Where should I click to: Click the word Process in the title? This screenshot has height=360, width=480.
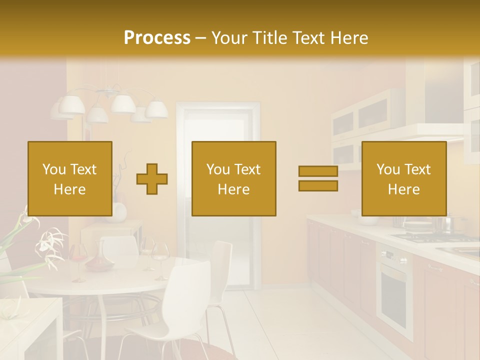coord(157,38)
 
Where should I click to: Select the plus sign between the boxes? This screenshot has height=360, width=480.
coord(152,178)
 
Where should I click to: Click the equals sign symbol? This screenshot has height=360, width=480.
coord(318,178)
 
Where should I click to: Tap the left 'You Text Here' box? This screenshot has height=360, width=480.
coord(69,178)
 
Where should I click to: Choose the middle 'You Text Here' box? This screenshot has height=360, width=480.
coord(233,178)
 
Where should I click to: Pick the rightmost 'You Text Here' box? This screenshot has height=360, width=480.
coord(403,178)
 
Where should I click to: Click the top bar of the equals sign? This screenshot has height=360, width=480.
coord(318,171)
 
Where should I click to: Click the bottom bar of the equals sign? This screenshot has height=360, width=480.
coord(318,186)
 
